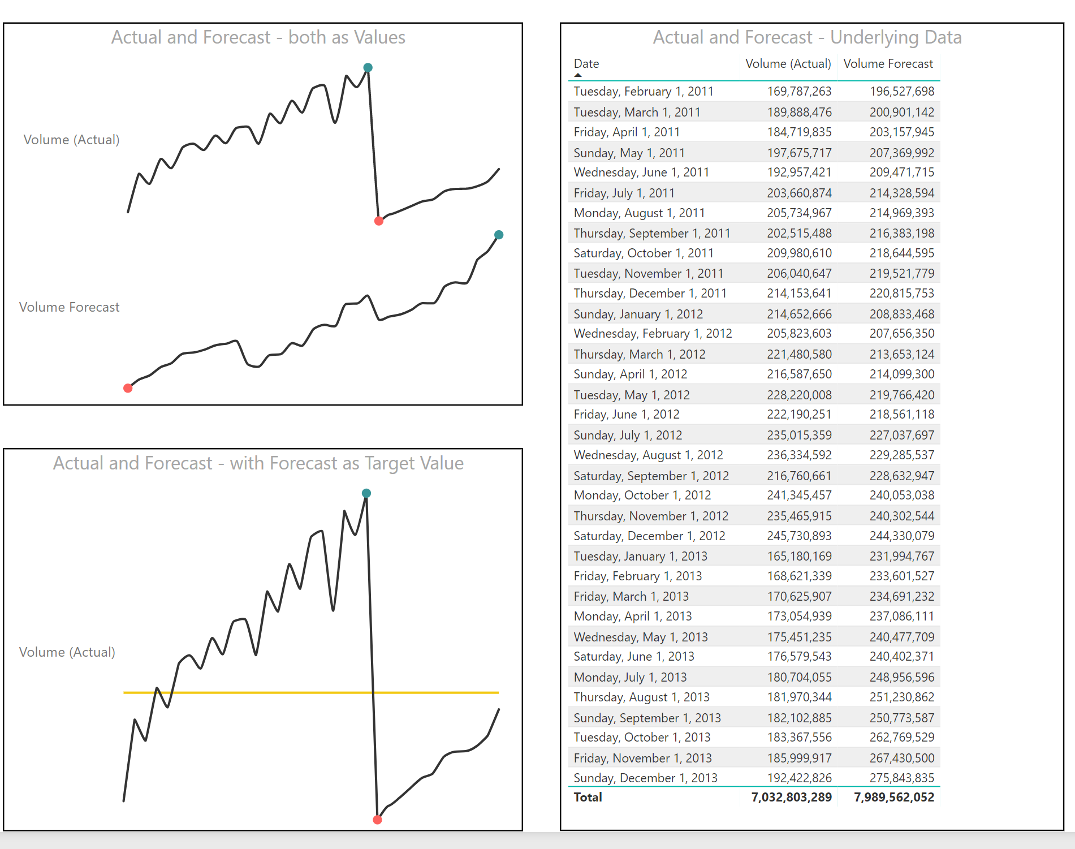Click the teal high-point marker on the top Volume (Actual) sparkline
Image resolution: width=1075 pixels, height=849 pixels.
tap(368, 68)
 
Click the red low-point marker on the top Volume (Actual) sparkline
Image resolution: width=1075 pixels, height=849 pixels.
tap(379, 221)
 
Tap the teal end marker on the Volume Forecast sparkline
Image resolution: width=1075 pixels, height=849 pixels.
tap(499, 235)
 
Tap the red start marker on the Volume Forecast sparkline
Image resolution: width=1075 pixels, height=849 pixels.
tap(128, 388)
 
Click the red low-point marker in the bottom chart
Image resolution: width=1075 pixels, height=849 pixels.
tap(377, 820)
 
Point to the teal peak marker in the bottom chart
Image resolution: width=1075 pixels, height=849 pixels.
tap(366, 493)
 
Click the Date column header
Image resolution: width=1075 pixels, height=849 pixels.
tap(586, 64)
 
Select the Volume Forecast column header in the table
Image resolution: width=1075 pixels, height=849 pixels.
tap(888, 64)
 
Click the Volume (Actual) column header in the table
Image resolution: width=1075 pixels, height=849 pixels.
tap(788, 64)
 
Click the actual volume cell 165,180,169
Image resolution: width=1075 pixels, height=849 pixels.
tap(799, 556)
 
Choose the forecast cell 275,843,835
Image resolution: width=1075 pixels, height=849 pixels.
tap(901, 778)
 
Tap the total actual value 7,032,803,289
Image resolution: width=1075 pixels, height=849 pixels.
tap(791, 798)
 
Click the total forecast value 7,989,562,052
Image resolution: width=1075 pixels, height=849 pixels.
tap(893, 798)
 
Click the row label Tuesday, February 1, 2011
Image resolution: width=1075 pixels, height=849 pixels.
tap(644, 92)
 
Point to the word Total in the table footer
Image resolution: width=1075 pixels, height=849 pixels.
tap(588, 798)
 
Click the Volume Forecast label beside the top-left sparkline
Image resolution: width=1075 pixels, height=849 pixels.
tap(69, 307)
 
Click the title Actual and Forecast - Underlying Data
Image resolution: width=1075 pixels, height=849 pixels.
tap(807, 37)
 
